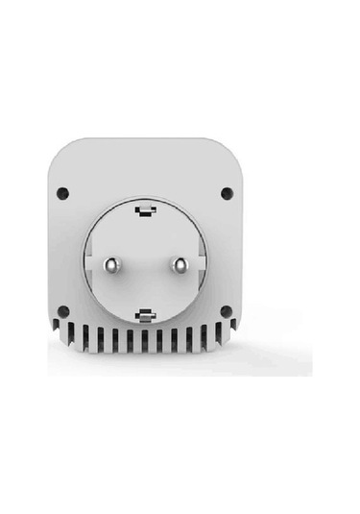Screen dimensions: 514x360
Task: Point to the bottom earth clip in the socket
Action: point(145,313)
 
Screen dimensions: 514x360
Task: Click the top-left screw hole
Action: point(62,191)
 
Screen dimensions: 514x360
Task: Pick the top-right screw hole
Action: point(227,192)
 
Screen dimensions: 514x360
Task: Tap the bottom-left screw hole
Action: point(62,311)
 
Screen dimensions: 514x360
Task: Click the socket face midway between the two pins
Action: point(145,263)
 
